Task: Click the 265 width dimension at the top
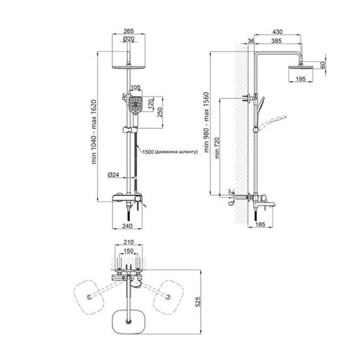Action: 129,31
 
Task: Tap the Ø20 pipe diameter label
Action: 129,39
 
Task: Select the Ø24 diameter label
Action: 114,175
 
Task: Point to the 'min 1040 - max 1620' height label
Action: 94,132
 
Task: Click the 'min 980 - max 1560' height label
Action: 207,122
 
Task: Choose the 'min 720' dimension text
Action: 217,148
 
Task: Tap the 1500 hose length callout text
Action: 170,152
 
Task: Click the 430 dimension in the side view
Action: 277,32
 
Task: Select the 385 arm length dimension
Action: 276,40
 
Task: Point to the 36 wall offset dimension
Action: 251,40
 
